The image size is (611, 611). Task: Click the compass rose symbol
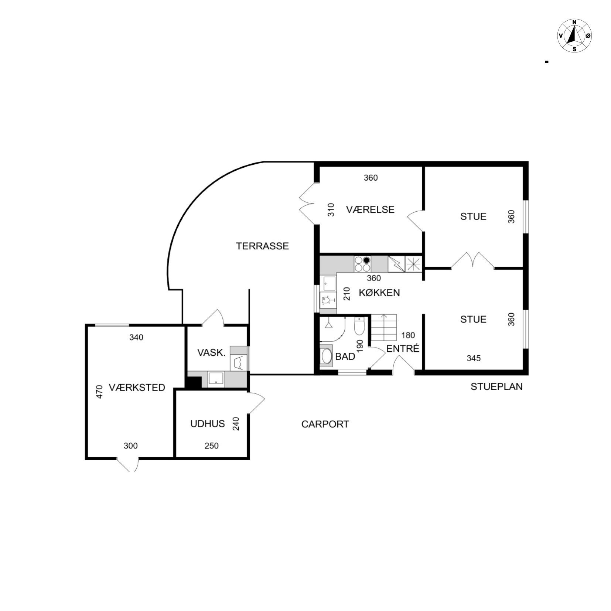[x=574, y=35]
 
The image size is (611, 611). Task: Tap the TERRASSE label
[x=262, y=246]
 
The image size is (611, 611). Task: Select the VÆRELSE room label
[x=370, y=209]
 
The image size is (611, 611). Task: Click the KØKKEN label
[x=379, y=293]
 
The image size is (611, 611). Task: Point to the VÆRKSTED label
[x=137, y=388]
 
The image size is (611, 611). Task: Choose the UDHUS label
[x=208, y=424]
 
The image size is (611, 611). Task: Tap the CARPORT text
[x=325, y=424]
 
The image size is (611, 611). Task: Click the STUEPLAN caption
[x=496, y=386]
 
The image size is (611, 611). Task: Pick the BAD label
[x=345, y=356]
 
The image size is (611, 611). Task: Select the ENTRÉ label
[x=403, y=348]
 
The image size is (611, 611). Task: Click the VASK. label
[x=211, y=352]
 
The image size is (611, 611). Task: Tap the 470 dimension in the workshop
[x=99, y=392]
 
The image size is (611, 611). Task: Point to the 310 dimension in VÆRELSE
[x=331, y=210]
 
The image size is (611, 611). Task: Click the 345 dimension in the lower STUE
[x=474, y=358]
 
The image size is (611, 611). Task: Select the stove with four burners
[x=362, y=264]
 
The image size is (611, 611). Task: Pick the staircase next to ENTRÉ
[x=384, y=328]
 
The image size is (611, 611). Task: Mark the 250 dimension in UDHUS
[x=212, y=446]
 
